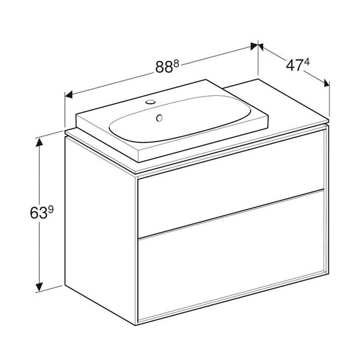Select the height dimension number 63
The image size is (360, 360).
pos(19,212)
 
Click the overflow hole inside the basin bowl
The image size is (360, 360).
pos(160,118)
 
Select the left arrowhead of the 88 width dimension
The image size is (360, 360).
pos(68,94)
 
